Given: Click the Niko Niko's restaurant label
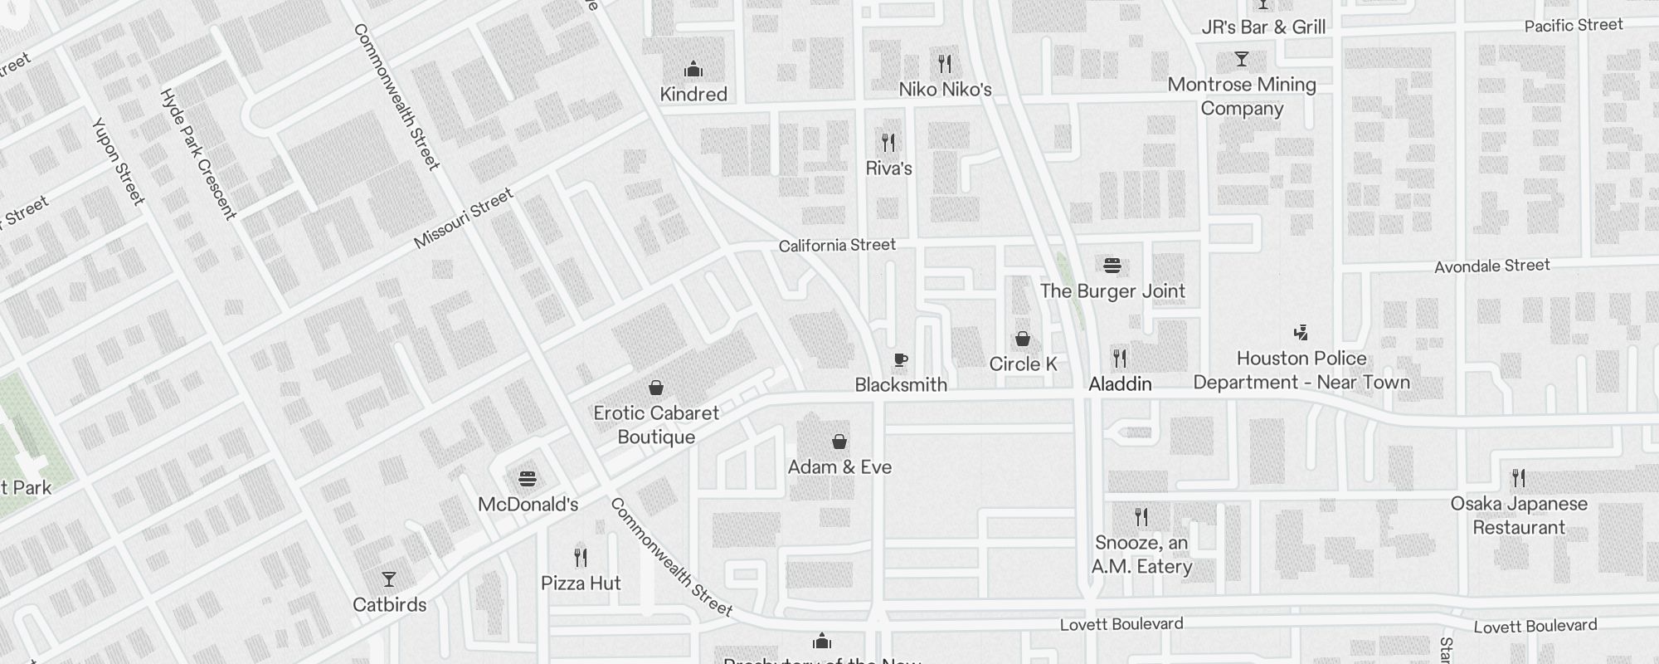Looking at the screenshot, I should tap(945, 90).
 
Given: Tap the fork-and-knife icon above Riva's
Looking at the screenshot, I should tap(888, 143).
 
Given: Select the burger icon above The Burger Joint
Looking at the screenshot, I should tap(1112, 266).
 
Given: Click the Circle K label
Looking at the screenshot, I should tap(1023, 364).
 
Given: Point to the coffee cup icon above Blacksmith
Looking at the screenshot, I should tap(900, 360).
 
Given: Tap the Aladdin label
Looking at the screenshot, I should tap(1120, 384).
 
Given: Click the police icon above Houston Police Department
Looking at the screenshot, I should tap(1301, 333).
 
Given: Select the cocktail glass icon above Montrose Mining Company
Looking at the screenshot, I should tap(1241, 60).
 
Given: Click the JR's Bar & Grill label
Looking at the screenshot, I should tap(1263, 27).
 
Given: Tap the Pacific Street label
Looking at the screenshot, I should tap(1573, 26).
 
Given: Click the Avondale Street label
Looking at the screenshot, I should tap(1491, 266).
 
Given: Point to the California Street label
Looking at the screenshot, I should tap(836, 246).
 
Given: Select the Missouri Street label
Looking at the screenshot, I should tap(464, 219).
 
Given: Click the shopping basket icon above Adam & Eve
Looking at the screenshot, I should tap(839, 442).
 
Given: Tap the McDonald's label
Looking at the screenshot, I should tap(528, 505).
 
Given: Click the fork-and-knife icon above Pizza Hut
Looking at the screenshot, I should tap(581, 557).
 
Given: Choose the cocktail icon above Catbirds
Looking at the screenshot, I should tap(388, 579).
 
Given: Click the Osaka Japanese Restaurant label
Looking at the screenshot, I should tap(1518, 515).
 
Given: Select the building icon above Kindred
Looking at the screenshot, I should tap(693, 69).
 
